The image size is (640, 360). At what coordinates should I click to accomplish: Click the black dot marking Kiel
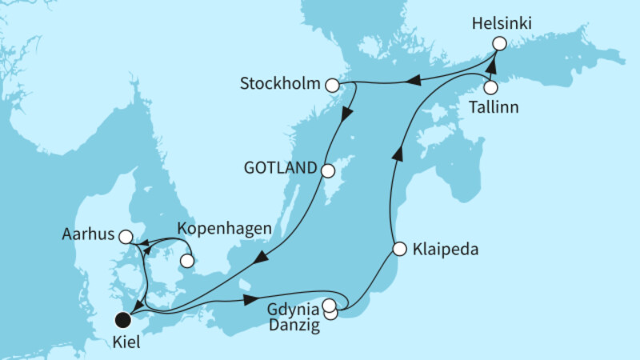point(122,320)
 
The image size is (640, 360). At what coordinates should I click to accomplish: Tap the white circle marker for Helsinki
point(499,45)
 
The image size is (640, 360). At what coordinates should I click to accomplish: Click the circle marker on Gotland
point(327,170)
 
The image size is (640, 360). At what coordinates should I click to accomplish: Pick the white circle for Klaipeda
point(399,250)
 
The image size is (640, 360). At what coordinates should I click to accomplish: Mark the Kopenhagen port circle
point(187,261)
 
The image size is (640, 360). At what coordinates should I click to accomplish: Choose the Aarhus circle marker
point(125,237)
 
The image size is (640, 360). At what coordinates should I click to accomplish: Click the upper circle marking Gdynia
point(330,304)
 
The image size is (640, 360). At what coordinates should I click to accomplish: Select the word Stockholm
point(279,83)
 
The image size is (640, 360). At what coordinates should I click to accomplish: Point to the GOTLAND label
point(282,170)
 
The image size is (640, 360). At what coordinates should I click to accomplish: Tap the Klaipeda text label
point(446,250)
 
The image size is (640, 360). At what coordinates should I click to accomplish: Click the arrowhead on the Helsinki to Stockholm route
point(414,78)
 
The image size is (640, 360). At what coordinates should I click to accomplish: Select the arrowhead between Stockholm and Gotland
point(346,114)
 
